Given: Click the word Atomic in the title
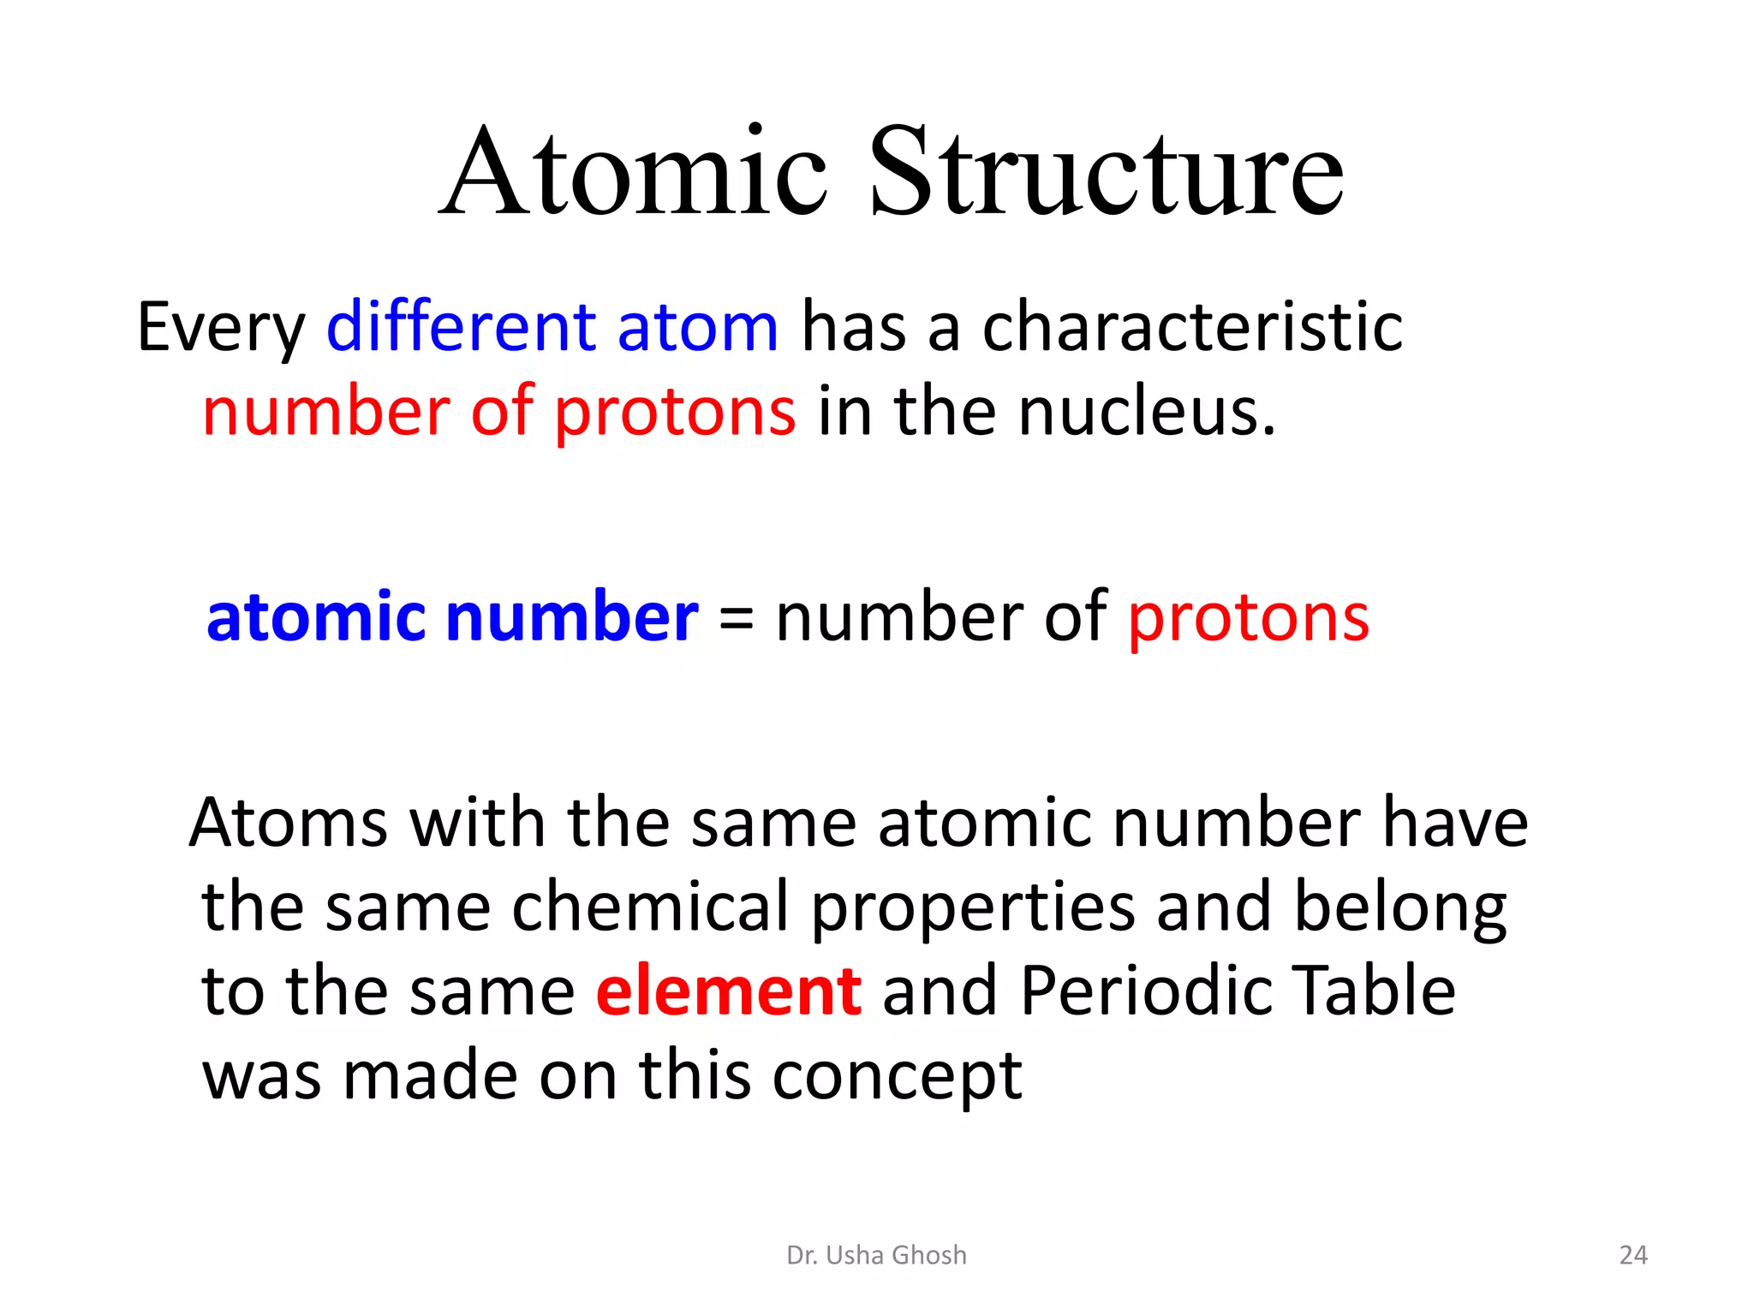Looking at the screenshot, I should (634, 171).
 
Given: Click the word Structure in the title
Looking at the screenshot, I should (1106, 171).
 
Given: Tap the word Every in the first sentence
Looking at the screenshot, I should (221, 328).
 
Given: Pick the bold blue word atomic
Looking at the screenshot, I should (316, 616).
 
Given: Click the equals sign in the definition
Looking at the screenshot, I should (736, 618).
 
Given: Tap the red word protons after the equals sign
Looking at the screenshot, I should (1248, 618).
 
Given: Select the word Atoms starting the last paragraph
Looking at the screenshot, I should (289, 822).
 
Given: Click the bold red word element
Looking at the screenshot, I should (729, 991).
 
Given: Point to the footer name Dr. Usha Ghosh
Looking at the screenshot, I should (876, 1255).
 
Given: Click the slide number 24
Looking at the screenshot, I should (1633, 1255).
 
